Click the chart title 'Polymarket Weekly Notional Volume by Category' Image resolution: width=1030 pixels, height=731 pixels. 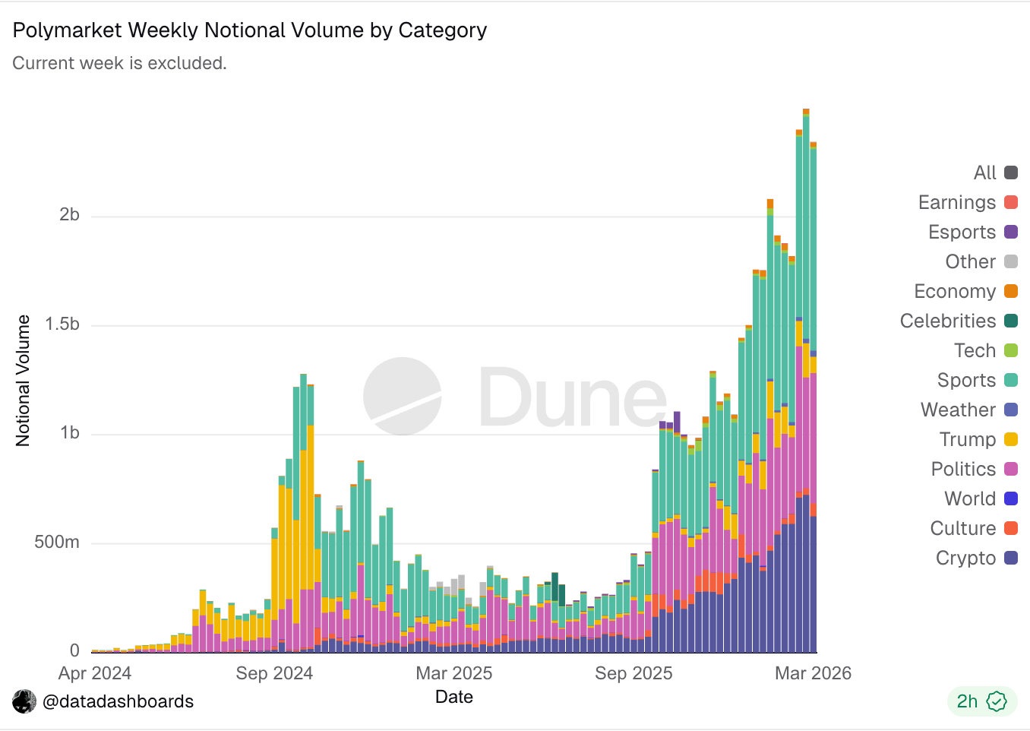[x=250, y=30]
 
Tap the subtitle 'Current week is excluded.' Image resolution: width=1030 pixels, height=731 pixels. [x=119, y=63]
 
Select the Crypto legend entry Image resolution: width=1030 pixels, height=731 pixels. [x=975, y=558]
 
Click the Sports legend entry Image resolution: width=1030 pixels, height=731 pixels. [x=976, y=380]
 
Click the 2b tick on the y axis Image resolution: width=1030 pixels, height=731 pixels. [x=69, y=215]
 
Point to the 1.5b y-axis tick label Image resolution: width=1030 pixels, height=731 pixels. [x=62, y=324]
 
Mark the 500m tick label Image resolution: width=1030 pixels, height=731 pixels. [x=57, y=542]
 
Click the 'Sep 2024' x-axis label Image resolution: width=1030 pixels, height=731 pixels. [x=274, y=673]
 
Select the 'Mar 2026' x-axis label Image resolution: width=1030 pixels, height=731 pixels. [x=813, y=673]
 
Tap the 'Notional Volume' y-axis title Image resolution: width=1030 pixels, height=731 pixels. [x=24, y=380]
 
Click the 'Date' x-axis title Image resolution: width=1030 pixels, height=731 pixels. [x=454, y=697]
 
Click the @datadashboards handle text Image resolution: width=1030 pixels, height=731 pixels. [x=118, y=701]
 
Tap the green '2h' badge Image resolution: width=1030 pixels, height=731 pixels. [x=981, y=701]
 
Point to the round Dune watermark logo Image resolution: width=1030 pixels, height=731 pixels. [x=403, y=396]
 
